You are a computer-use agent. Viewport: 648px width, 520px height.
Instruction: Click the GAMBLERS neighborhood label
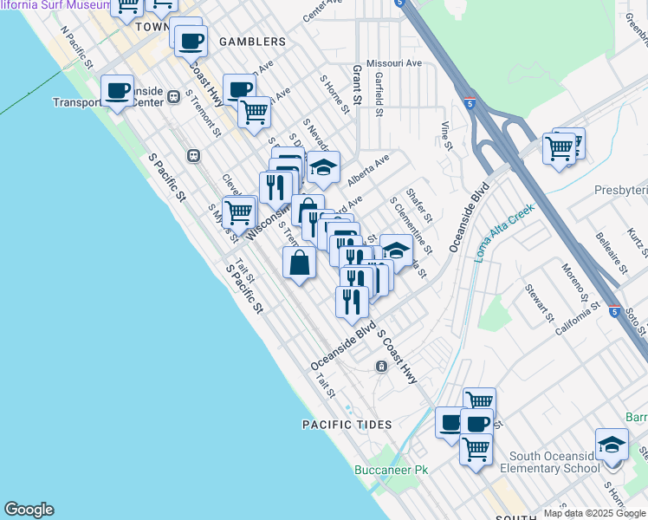click(252, 42)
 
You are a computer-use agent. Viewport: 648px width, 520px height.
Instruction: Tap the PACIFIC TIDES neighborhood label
click(347, 425)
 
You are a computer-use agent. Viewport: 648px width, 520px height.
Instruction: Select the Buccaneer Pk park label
click(392, 471)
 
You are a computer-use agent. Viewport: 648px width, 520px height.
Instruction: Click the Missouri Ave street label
click(393, 63)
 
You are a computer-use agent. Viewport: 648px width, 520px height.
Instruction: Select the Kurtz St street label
click(638, 240)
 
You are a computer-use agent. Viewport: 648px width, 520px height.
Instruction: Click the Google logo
click(29, 510)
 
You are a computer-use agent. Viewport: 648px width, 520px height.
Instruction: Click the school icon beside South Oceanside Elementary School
click(612, 444)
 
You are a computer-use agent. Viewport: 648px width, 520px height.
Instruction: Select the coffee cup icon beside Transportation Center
click(117, 90)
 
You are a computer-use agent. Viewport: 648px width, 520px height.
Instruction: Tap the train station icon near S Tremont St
click(193, 155)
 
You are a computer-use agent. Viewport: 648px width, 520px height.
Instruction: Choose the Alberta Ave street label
click(369, 171)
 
